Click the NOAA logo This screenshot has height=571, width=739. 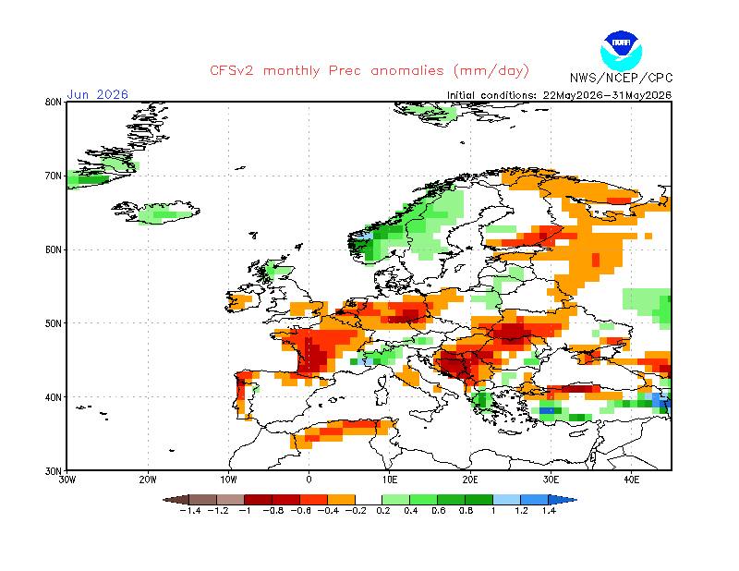pyautogui.click(x=621, y=51)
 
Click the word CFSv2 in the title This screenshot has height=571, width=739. pyautogui.click(x=232, y=71)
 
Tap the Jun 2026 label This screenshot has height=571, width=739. pyautogui.click(x=98, y=94)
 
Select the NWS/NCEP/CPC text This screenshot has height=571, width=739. pyautogui.click(x=621, y=78)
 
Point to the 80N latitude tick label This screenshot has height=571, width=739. pyautogui.click(x=55, y=102)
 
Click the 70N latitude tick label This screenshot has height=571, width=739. pyautogui.click(x=55, y=176)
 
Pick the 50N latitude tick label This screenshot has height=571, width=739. pyautogui.click(x=55, y=323)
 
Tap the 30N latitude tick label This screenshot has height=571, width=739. pyautogui.click(x=55, y=471)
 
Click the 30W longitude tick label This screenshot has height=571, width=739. pyautogui.click(x=67, y=480)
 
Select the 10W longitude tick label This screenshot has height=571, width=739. pyautogui.click(x=228, y=480)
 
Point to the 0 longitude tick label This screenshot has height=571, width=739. pyautogui.click(x=309, y=480)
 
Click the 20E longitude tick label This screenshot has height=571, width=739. pyautogui.click(x=470, y=480)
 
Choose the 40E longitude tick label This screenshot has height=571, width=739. pyautogui.click(x=632, y=480)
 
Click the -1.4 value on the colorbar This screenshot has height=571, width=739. pyautogui.click(x=190, y=511)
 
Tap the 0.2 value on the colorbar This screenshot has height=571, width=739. pyautogui.click(x=383, y=511)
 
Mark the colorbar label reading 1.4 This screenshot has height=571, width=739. pyautogui.click(x=549, y=511)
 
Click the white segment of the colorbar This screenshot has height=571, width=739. pyautogui.click(x=369, y=500)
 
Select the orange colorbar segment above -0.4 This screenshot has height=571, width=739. pyautogui.click(x=341, y=500)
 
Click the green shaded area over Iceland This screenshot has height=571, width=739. pyautogui.click(x=162, y=213)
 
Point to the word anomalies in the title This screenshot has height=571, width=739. pyautogui.click(x=407, y=71)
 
